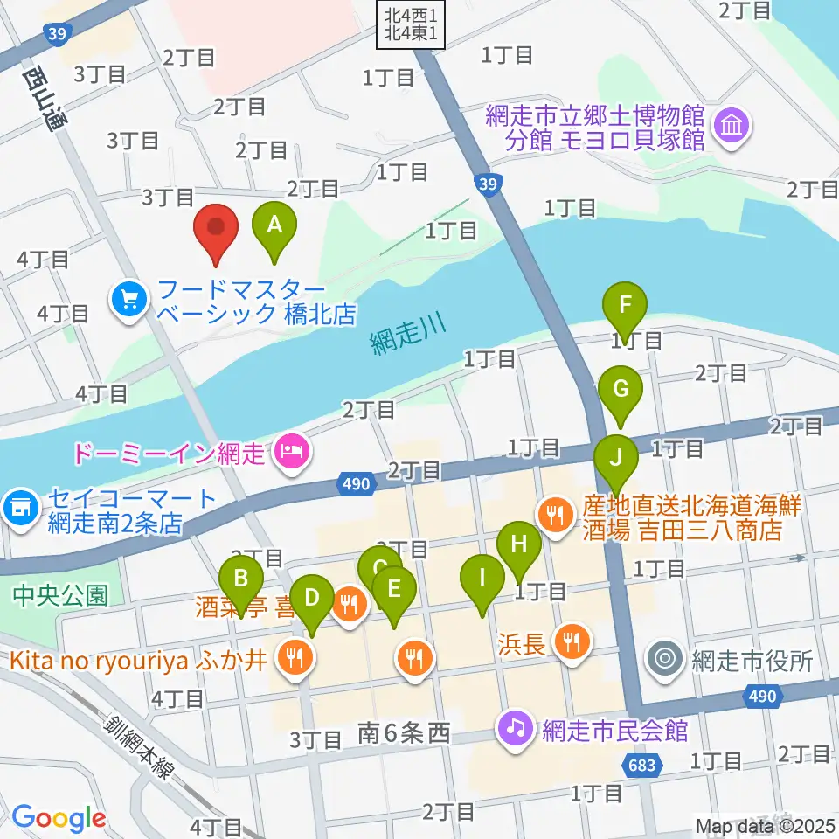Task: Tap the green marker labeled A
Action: click(274, 225)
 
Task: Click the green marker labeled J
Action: click(616, 458)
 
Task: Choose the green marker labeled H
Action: click(519, 545)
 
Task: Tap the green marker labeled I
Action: click(482, 579)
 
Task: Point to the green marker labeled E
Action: click(394, 589)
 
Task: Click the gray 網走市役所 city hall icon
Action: click(665, 658)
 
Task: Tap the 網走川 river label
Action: click(406, 332)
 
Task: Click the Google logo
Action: click(59, 818)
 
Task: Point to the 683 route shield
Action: click(642, 766)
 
